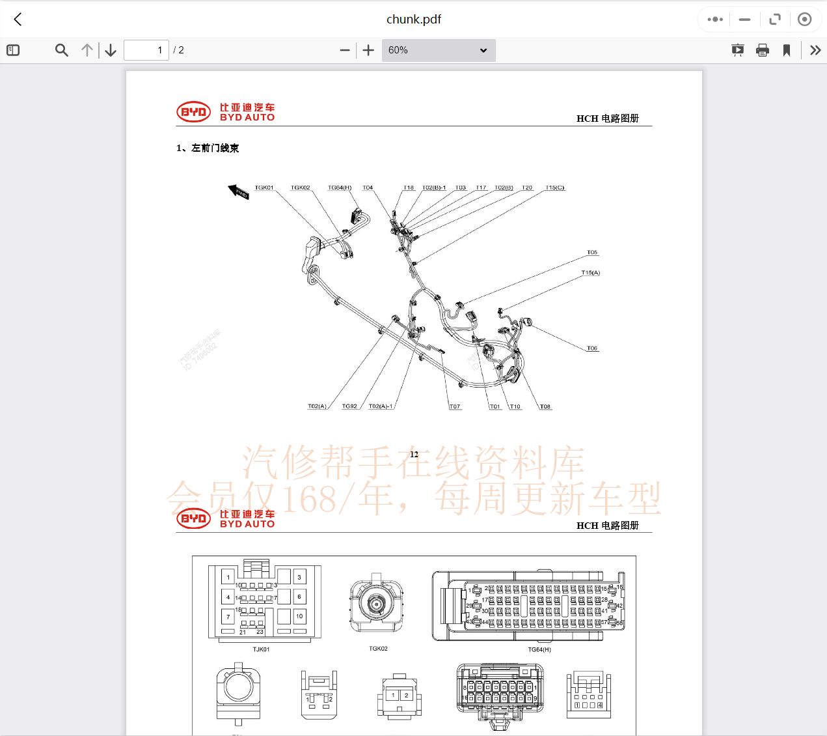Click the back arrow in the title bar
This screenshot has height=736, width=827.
[x=18, y=20]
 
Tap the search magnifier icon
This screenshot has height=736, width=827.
[x=62, y=50]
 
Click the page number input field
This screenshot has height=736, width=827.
[x=146, y=50]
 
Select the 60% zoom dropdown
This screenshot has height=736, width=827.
[x=437, y=50]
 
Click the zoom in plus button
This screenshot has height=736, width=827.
[x=368, y=50]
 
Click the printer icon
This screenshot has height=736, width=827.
[x=763, y=50]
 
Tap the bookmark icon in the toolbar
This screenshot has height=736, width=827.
[x=787, y=50]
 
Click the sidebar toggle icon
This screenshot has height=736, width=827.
[x=13, y=50]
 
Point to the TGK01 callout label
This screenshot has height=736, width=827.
[x=264, y=188]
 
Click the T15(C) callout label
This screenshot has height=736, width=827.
[x=555, y=188]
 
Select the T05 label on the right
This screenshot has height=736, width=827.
[x=592, y=253]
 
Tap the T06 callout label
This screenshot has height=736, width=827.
[x=592, y=348]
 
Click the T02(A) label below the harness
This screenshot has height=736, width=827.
[x=317, y=406]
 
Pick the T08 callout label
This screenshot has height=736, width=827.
[x=545, y=407]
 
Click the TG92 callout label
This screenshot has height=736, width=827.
[x=349, y=406]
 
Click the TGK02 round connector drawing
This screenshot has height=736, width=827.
[x=376, y=604]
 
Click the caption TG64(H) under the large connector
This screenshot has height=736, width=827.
[x=539, y=649]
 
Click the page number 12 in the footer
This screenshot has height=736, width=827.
[x=414, y=455]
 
